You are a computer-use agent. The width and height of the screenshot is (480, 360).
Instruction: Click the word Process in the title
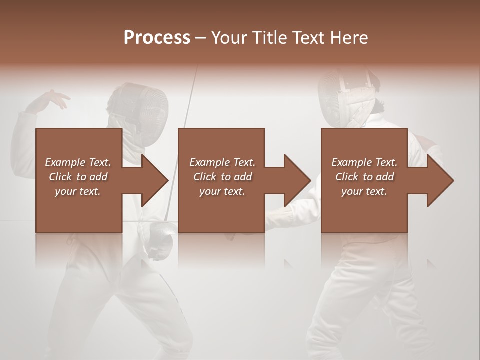point(157,37)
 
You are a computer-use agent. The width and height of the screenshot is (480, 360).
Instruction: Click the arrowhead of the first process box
point(155,180)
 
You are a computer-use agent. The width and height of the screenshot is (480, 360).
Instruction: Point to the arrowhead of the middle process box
point(297,180)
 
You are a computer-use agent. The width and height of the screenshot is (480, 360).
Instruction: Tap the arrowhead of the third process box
point(440,180)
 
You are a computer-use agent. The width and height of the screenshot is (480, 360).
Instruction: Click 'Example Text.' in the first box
point(78,162)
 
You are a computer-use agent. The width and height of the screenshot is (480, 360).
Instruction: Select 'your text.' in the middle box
point(222,191)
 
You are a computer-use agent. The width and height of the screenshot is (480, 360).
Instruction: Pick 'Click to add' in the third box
point(364,177)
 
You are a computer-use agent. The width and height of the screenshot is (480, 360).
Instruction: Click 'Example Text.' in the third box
point(364,162)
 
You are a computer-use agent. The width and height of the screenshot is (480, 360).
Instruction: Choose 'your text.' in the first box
point(78,191)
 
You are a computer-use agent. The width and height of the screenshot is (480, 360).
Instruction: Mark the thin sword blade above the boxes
point(190,97)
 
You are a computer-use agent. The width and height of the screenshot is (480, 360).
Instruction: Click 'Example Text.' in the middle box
point(222,162)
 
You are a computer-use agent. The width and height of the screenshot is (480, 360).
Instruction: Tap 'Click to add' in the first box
point(78,177)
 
